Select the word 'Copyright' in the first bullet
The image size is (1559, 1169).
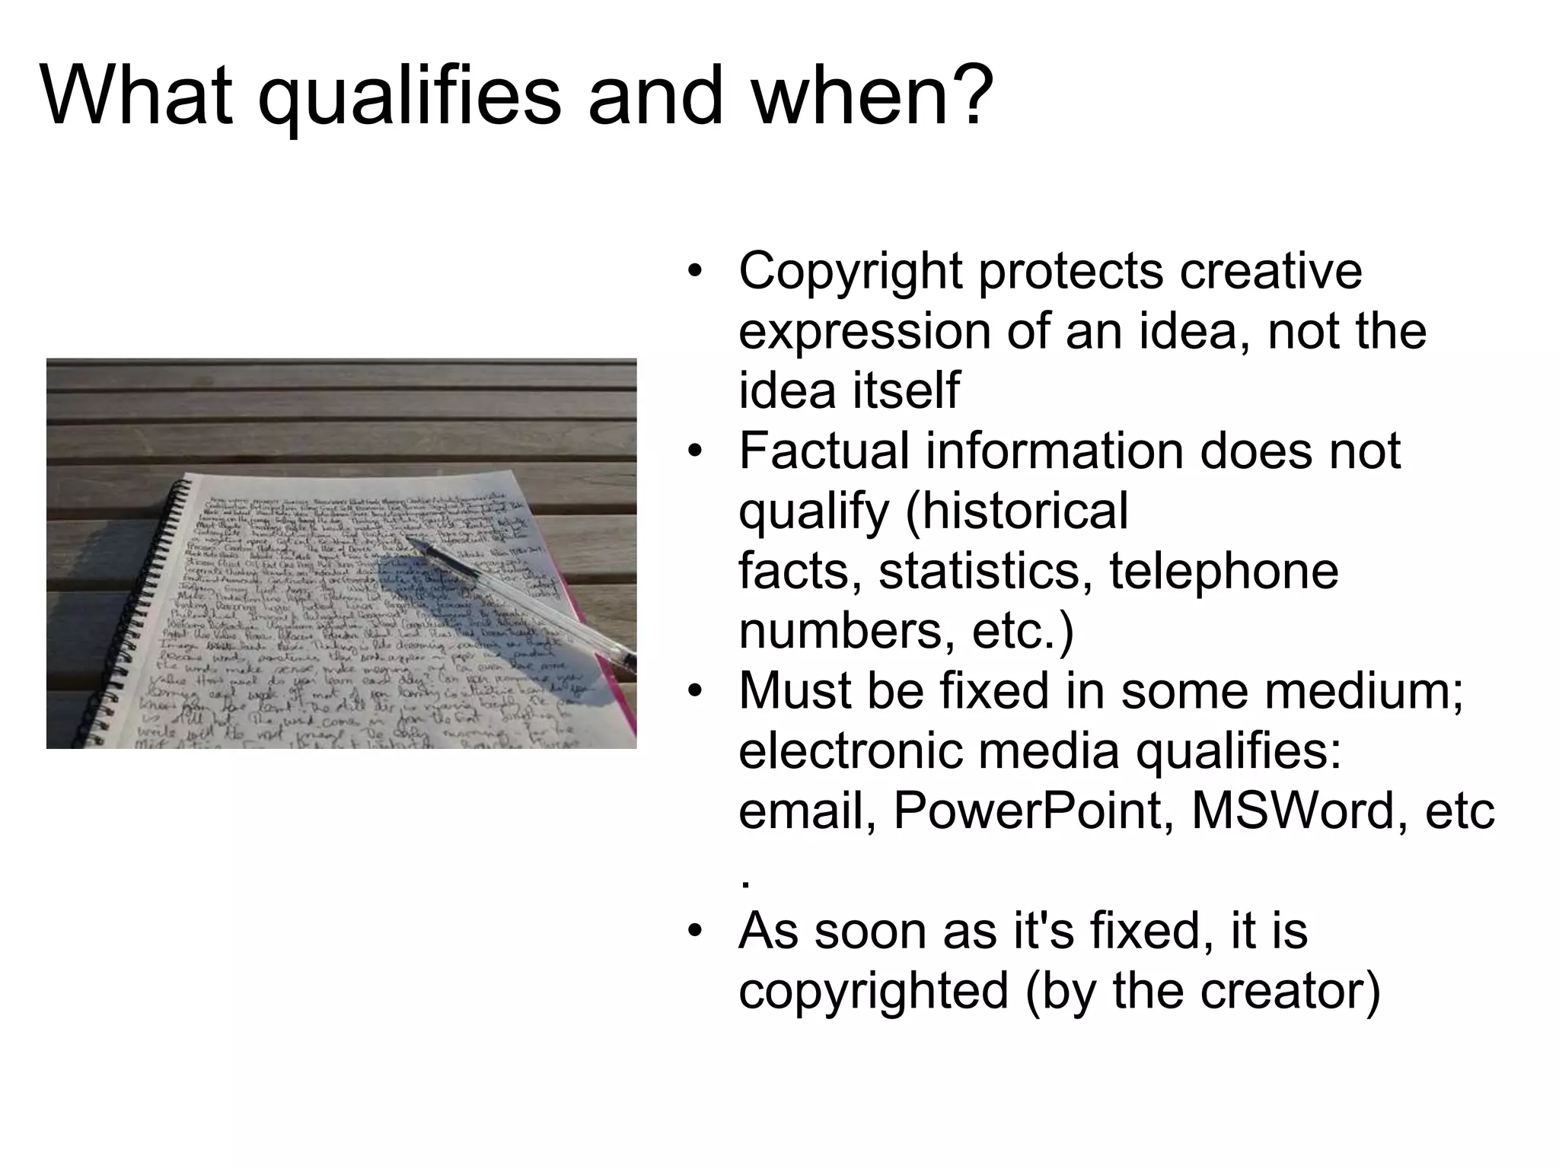850,272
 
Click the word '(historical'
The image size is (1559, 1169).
1016,510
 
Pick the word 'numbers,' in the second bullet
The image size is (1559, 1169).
846,630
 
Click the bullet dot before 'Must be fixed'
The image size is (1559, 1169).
693,692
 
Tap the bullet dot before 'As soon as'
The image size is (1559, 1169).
693,932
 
